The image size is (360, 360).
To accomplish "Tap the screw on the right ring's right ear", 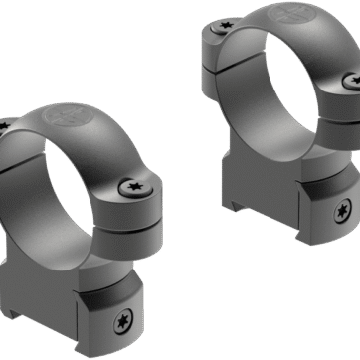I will [349, 79].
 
